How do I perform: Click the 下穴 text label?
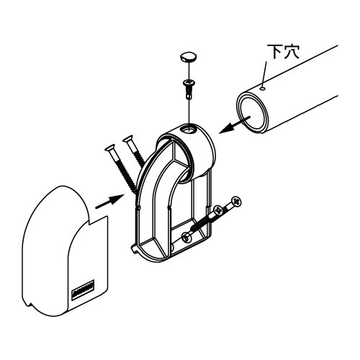pyautogui.click(x=283, y=51)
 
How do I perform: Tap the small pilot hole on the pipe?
pyautogui.click(x=264, y=89)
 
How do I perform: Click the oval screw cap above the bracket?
pyautogui.click(x=188, y=57)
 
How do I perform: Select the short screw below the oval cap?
pyautogui.click(x=189, y=89)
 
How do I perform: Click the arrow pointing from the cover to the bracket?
pyautogui.click(x=109, y=202)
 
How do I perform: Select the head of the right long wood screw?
pyautogui.click(x=129, y=139)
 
